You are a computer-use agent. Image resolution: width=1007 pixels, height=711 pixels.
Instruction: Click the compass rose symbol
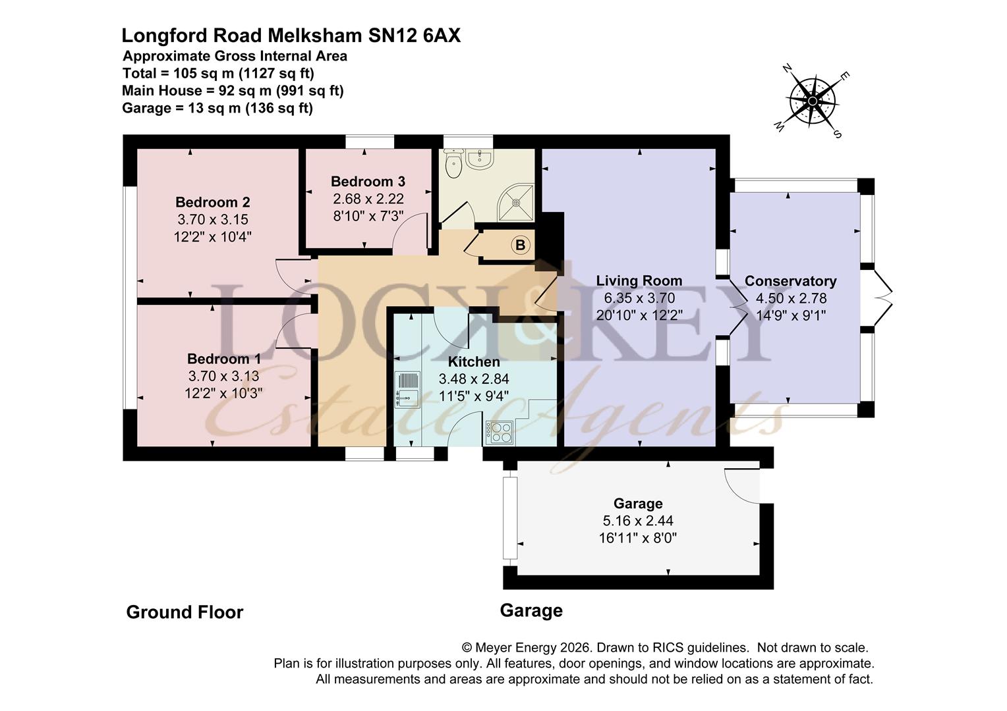point(812,101)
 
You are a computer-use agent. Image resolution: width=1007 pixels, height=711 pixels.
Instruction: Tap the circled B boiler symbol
point(520,246)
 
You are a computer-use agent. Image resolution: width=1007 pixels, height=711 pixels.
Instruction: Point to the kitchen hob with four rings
point(500,433)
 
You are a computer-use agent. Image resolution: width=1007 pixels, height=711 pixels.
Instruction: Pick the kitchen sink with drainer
point(407,390)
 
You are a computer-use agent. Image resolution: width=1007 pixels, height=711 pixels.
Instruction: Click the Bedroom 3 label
point(368,182)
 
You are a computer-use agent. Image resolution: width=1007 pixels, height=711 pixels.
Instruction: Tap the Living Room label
point(639,280)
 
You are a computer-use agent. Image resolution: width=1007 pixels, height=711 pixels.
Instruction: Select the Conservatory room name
point(790,281)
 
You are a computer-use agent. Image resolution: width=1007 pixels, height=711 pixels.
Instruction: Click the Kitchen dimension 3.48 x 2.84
point(474,379)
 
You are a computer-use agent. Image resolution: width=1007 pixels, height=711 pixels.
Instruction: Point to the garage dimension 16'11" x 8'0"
point(637,538)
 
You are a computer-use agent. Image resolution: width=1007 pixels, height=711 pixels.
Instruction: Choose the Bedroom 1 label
point(224,359)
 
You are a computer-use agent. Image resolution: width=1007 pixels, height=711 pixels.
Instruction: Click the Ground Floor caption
point(185,612)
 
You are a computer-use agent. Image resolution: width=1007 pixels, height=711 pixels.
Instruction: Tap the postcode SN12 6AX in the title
point(415,36)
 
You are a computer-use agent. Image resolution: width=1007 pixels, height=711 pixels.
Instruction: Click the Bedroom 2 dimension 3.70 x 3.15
point(213,220)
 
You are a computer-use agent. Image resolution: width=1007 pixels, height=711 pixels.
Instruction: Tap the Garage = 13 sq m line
point(217,108)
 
